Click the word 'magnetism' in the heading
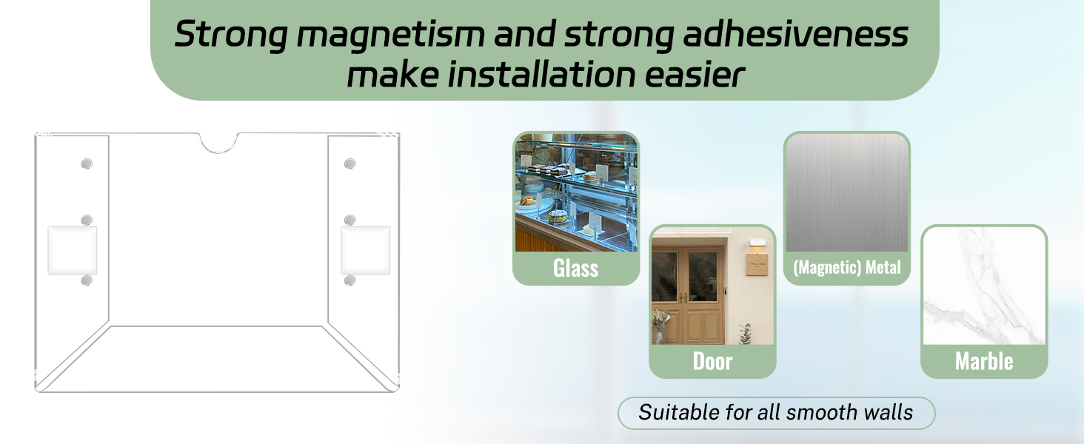(390, 36)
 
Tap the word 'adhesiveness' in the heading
(795, 34)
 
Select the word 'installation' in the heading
(541, 75)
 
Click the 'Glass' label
(576, 268)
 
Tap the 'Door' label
(712, 361)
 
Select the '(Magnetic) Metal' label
(847, 267)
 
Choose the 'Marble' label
(984, 361)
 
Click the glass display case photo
(576, 192)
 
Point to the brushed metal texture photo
(847, 192)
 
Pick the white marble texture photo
(984, 286)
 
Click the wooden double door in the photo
(687, 295)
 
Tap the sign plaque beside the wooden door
(757, 265)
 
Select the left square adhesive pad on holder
(72, 251)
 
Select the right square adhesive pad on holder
(365, 251)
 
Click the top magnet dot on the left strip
(87, 164)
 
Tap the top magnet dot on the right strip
(350, 164)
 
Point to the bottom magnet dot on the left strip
(87, 280)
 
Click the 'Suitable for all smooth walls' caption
(776, 413)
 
